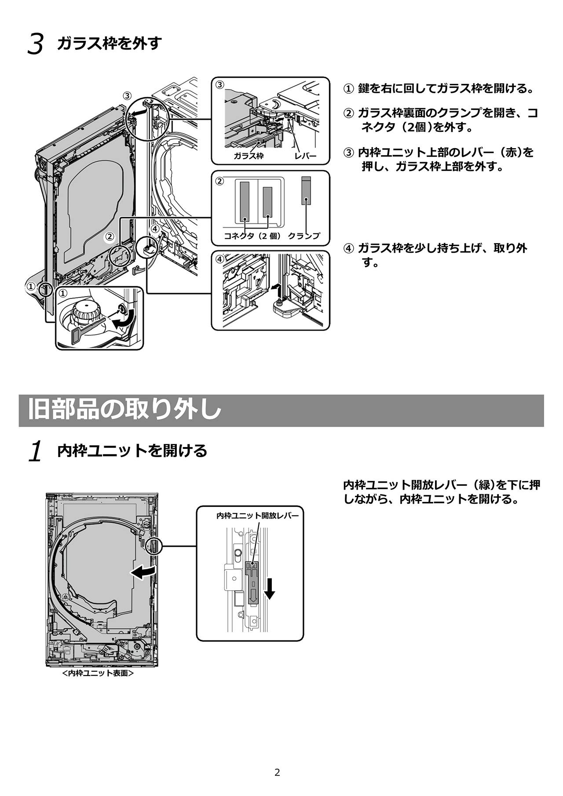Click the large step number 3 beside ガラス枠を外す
click(x=36, y=45)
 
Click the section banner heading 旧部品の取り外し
click(x=124, y=410)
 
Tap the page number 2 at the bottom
click(x=277, y=772)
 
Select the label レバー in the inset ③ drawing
click(x=305, y=156)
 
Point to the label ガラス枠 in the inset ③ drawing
click(x=248, y=156)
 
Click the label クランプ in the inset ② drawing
click(x=303, y=236)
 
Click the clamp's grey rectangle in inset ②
click(x=306, y=191)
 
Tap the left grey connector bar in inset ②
click(x=245, y=201)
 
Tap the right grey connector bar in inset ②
click(x=267, y=202)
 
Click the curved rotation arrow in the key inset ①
click(x=121, y=323)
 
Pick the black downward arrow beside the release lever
click(x=270, y=589)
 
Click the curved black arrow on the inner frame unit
click(x=143, y=572)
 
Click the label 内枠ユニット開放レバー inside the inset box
click(x=257, y=516)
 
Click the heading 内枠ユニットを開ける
click(x=132, y=451)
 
